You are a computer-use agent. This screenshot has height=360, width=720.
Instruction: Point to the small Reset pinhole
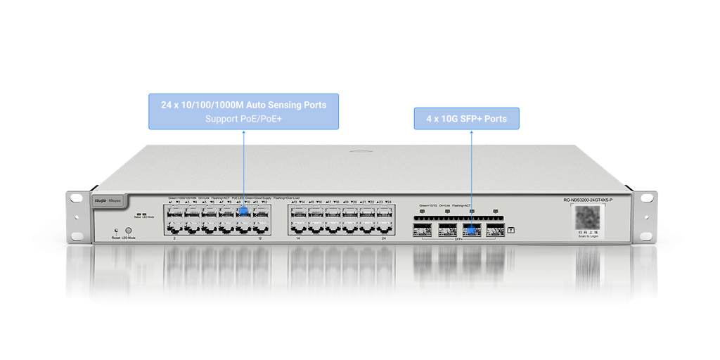click(x=116, y=230)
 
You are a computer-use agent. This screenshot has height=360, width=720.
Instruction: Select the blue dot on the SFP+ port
click(x=471, y=229)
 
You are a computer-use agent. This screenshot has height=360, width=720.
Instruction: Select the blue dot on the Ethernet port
click(x=244, y=210)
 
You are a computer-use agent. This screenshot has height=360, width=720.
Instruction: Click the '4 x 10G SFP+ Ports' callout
click(x=466, y=119)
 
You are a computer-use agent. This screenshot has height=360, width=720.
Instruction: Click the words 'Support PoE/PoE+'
click(x=243, y=119)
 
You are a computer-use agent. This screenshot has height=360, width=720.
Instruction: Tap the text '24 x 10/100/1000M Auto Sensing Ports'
click(x=243, y=105)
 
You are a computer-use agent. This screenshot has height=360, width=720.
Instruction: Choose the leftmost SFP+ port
click(x=423, y=229)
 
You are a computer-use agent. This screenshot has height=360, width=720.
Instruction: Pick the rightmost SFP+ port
click(x=495, y=229)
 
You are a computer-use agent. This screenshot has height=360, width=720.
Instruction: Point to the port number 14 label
click(x=297, y=239)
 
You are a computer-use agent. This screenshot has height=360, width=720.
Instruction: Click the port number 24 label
click(x=383, y=239)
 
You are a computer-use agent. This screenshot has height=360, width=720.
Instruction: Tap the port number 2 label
click(x=174, y=239)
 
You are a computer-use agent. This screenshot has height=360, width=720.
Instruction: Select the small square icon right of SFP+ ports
click(x=511, y=229)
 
